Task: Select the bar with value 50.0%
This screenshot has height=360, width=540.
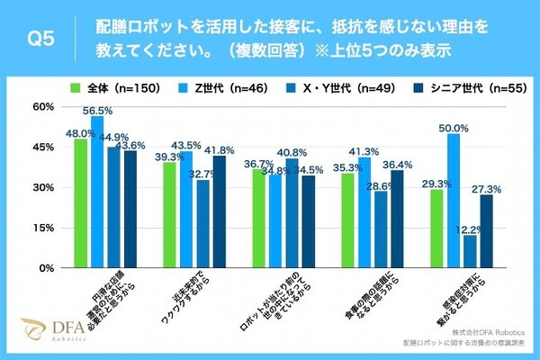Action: (x=454, y=201)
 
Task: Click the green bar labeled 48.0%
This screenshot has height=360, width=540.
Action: (x=81, y=203)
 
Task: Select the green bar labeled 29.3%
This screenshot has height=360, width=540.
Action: (x=437, y=229)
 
